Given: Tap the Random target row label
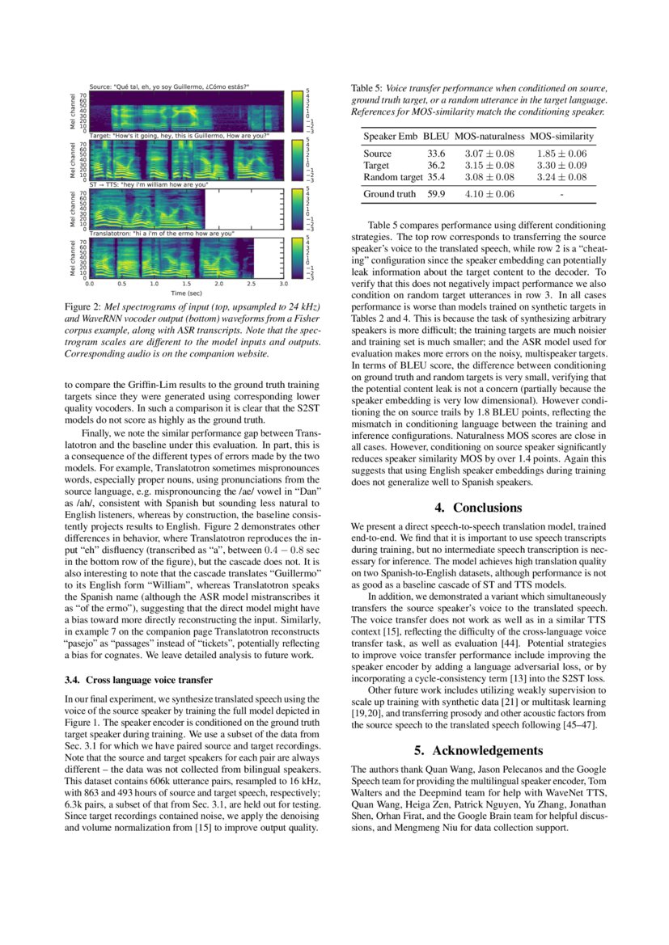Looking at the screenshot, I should [393, 177].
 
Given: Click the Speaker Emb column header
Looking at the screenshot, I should [390, 137].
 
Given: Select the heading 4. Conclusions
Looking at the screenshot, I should [478, 508].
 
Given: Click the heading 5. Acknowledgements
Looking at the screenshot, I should [478, 750].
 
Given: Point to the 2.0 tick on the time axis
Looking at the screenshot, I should [218, 285].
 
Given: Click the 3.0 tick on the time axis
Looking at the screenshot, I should [283, 285].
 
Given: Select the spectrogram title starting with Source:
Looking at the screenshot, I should [169, 86].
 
